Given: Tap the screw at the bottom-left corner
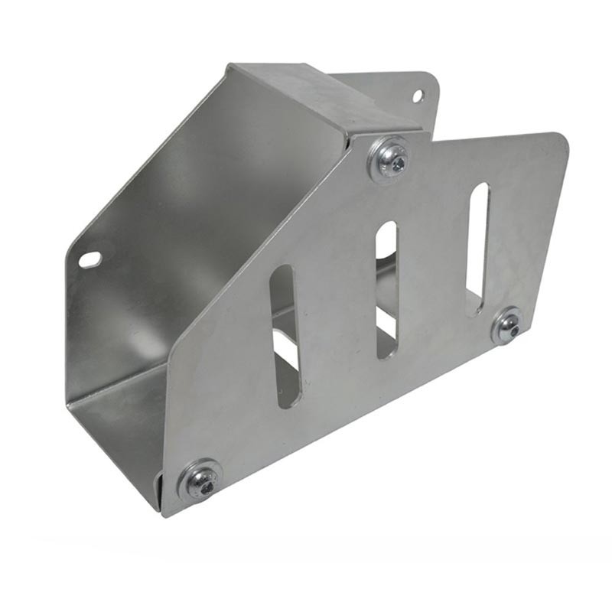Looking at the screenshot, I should point(200,481).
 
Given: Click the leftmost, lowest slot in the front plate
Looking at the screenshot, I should point(285,337).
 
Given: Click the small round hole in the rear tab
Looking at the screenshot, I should point(418,96).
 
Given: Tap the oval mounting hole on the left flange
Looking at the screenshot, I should point(90,260).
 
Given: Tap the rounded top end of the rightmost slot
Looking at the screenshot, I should point(479,190).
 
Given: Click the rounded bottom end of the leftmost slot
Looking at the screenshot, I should point(288,401).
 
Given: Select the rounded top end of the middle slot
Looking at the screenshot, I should point(386,227).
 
